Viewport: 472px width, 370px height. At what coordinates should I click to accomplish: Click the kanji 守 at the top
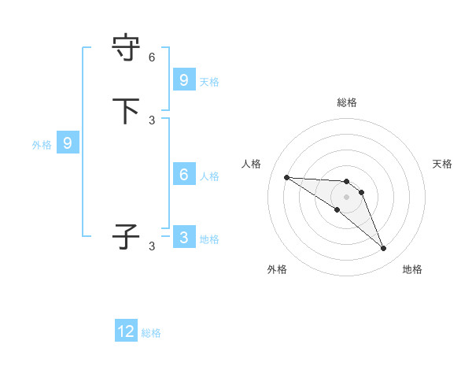127,49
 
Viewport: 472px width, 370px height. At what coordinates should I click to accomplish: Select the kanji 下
127,111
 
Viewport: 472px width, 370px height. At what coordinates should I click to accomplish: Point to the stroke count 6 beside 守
152,57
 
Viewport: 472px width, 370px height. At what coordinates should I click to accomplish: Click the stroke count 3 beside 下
152,120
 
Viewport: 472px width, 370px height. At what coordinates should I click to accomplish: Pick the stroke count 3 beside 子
152,246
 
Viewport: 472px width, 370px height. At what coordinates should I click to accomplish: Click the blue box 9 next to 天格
183,80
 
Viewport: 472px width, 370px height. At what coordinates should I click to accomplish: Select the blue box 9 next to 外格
68,143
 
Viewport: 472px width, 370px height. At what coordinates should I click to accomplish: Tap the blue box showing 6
183,175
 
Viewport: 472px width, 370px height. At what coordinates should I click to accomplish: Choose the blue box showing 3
183,237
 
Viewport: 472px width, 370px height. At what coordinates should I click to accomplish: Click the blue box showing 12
126,331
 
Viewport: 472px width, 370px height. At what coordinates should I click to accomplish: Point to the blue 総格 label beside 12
151,333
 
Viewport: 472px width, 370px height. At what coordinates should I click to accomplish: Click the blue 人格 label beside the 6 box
209,176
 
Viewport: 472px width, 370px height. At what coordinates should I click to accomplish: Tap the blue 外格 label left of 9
42,145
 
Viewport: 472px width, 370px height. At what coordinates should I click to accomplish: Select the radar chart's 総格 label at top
347,102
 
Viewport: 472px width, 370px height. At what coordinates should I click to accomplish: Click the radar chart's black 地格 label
412,269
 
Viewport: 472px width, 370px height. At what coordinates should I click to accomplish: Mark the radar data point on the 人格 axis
286,177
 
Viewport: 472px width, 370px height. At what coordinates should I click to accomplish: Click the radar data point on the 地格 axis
383,249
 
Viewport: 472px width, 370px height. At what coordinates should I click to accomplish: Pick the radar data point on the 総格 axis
346,182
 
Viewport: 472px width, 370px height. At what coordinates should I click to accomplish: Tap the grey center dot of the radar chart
346,197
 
